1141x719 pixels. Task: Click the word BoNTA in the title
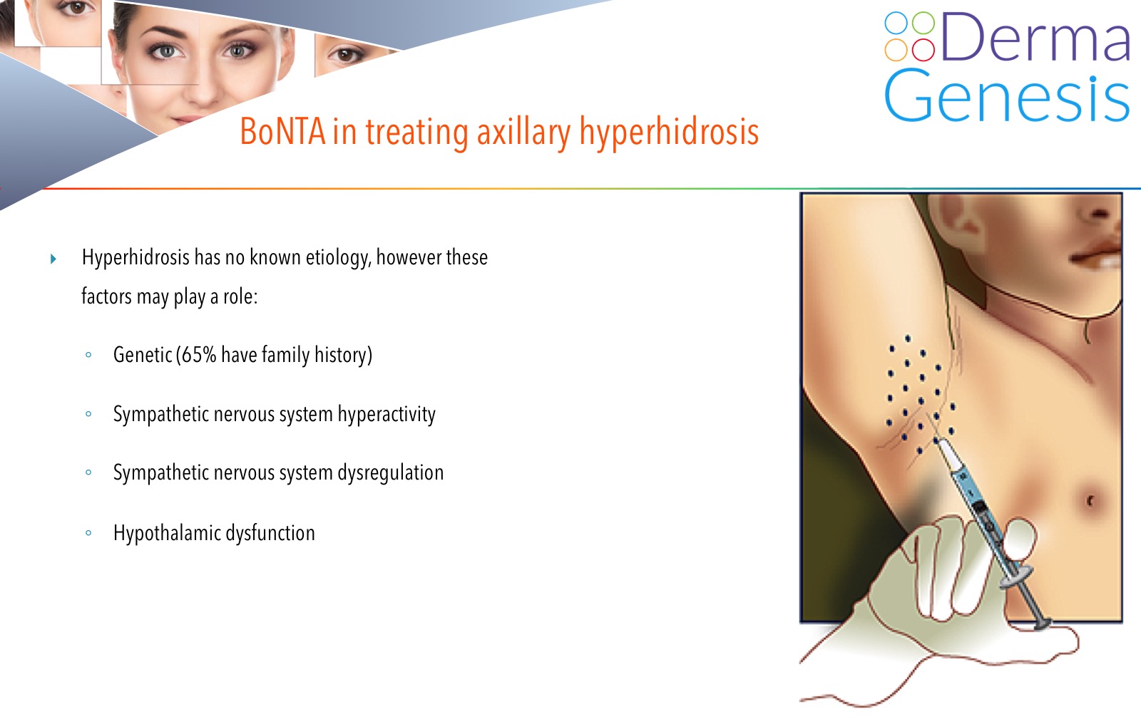(282, 131)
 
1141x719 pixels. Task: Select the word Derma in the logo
(1035, 37)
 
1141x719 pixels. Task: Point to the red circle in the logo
(923, 49)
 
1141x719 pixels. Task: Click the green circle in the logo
(923, 23)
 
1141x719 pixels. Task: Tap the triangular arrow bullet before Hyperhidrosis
(53, 259)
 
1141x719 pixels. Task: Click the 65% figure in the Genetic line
(199, 355)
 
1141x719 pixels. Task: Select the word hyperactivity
(387, 415)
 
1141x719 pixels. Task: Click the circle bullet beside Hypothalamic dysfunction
(88, 533)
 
